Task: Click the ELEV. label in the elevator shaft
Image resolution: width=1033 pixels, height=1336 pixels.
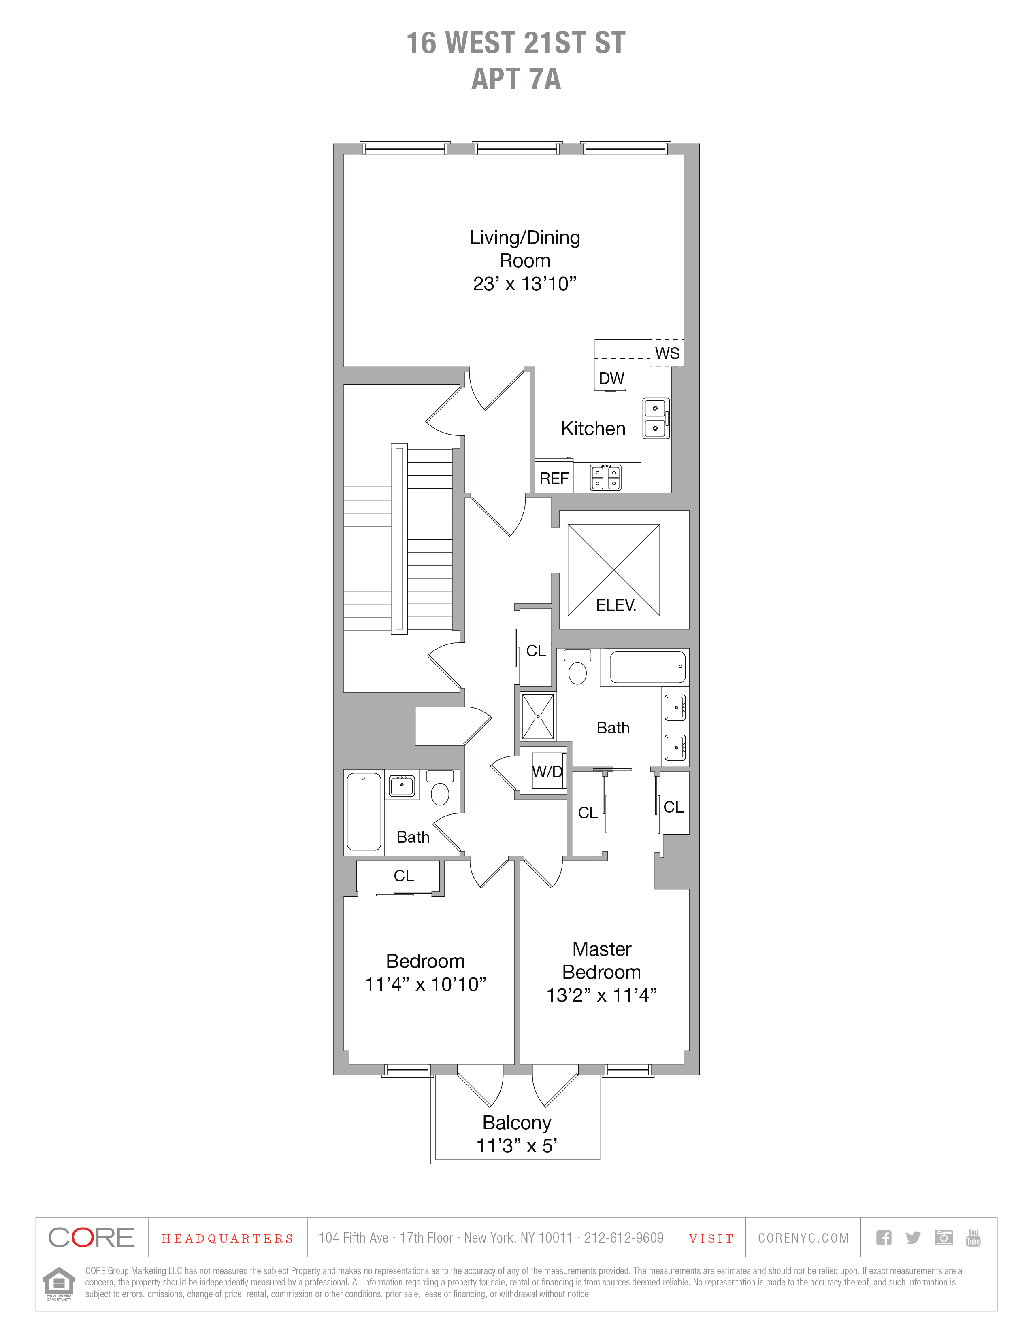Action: coord(616,605)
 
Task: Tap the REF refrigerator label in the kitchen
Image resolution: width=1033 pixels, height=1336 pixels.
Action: coord(554,478)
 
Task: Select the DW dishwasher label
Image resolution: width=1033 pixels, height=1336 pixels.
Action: coord(611,379)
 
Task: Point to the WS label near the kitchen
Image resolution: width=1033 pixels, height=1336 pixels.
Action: coord(667,354)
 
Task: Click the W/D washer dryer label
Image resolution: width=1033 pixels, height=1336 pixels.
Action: coord(547,771)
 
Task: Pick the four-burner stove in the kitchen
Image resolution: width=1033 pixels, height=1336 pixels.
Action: coord(605,477)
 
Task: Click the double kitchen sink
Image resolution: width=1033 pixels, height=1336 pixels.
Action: coord(656,418)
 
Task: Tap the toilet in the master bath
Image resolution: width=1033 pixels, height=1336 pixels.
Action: coord(577,667)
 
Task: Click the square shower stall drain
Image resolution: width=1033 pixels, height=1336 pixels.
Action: coord(538,716)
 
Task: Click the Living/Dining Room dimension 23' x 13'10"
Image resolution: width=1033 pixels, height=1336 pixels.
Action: coord(524,284)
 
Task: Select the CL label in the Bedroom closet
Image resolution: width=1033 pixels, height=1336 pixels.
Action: coord(404,876)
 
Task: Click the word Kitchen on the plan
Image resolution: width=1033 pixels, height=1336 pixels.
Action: coord(593,429)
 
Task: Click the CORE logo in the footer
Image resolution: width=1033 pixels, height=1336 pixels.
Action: coord(91,1238)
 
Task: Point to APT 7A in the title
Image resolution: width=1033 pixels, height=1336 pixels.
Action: coord(516,79)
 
